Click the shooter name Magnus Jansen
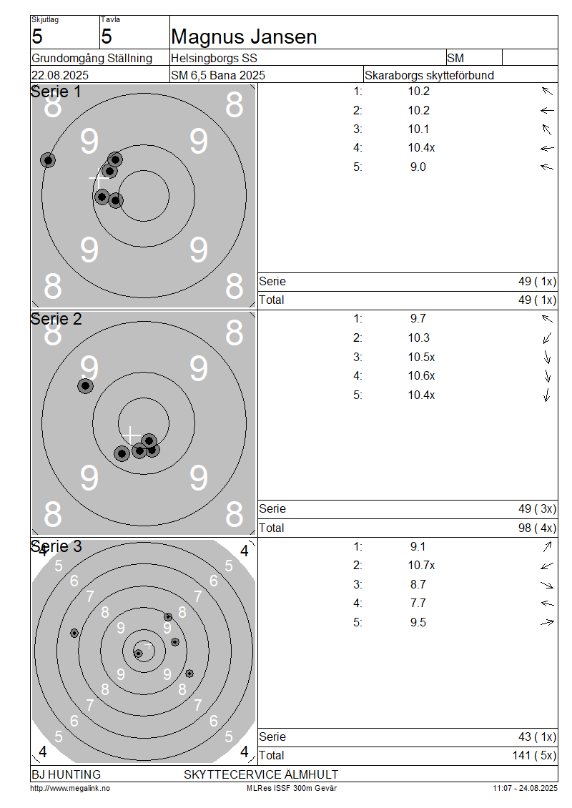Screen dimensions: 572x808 pos(244,37)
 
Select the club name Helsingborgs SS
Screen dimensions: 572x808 pos(214,58)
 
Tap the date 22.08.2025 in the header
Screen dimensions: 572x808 pos(60,75)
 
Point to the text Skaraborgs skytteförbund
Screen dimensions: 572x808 pos(429,75)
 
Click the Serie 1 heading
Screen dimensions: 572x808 pos(56,92)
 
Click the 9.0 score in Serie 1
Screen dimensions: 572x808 pos(418,167)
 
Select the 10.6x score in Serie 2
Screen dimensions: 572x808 pos(422,376)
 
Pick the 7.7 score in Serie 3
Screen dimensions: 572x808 pos(418,603)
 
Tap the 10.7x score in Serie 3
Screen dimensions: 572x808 pos(422,566)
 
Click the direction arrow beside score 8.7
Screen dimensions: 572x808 pos(547,585)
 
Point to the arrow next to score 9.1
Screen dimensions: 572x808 pos(547,546)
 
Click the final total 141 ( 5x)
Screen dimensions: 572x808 pos(534,755)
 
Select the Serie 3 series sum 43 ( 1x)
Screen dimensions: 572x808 pos(538,737)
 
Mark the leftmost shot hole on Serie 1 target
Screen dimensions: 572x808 pos(48,160)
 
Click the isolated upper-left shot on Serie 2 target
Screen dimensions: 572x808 pos(86,385)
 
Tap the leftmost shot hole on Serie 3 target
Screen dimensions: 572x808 pos(74,633)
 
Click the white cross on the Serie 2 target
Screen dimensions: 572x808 pos(131,435)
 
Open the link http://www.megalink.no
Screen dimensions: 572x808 pos(70,788)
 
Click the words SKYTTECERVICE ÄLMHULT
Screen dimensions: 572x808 pos(261,774)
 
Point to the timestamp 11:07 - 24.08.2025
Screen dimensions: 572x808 pos(525,788)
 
